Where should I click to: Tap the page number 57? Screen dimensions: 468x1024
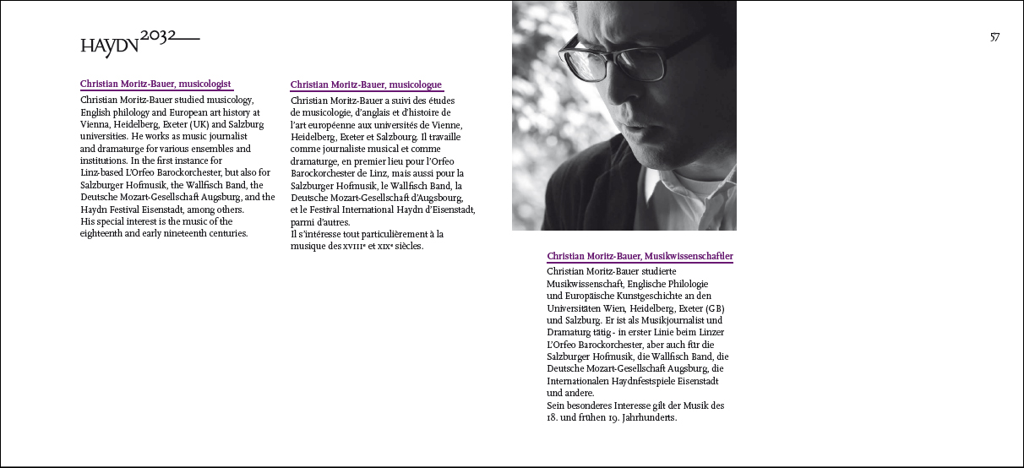[994, 37]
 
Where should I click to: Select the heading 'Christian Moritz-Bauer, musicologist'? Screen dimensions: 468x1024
[155, 84]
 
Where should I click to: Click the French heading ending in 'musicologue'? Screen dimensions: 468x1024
[366, 84]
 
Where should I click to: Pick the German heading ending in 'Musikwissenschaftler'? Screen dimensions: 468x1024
[640, 256]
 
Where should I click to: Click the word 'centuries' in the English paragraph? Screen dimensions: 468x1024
[223, 233]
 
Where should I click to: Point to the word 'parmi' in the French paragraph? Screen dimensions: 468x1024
[302, 221]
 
